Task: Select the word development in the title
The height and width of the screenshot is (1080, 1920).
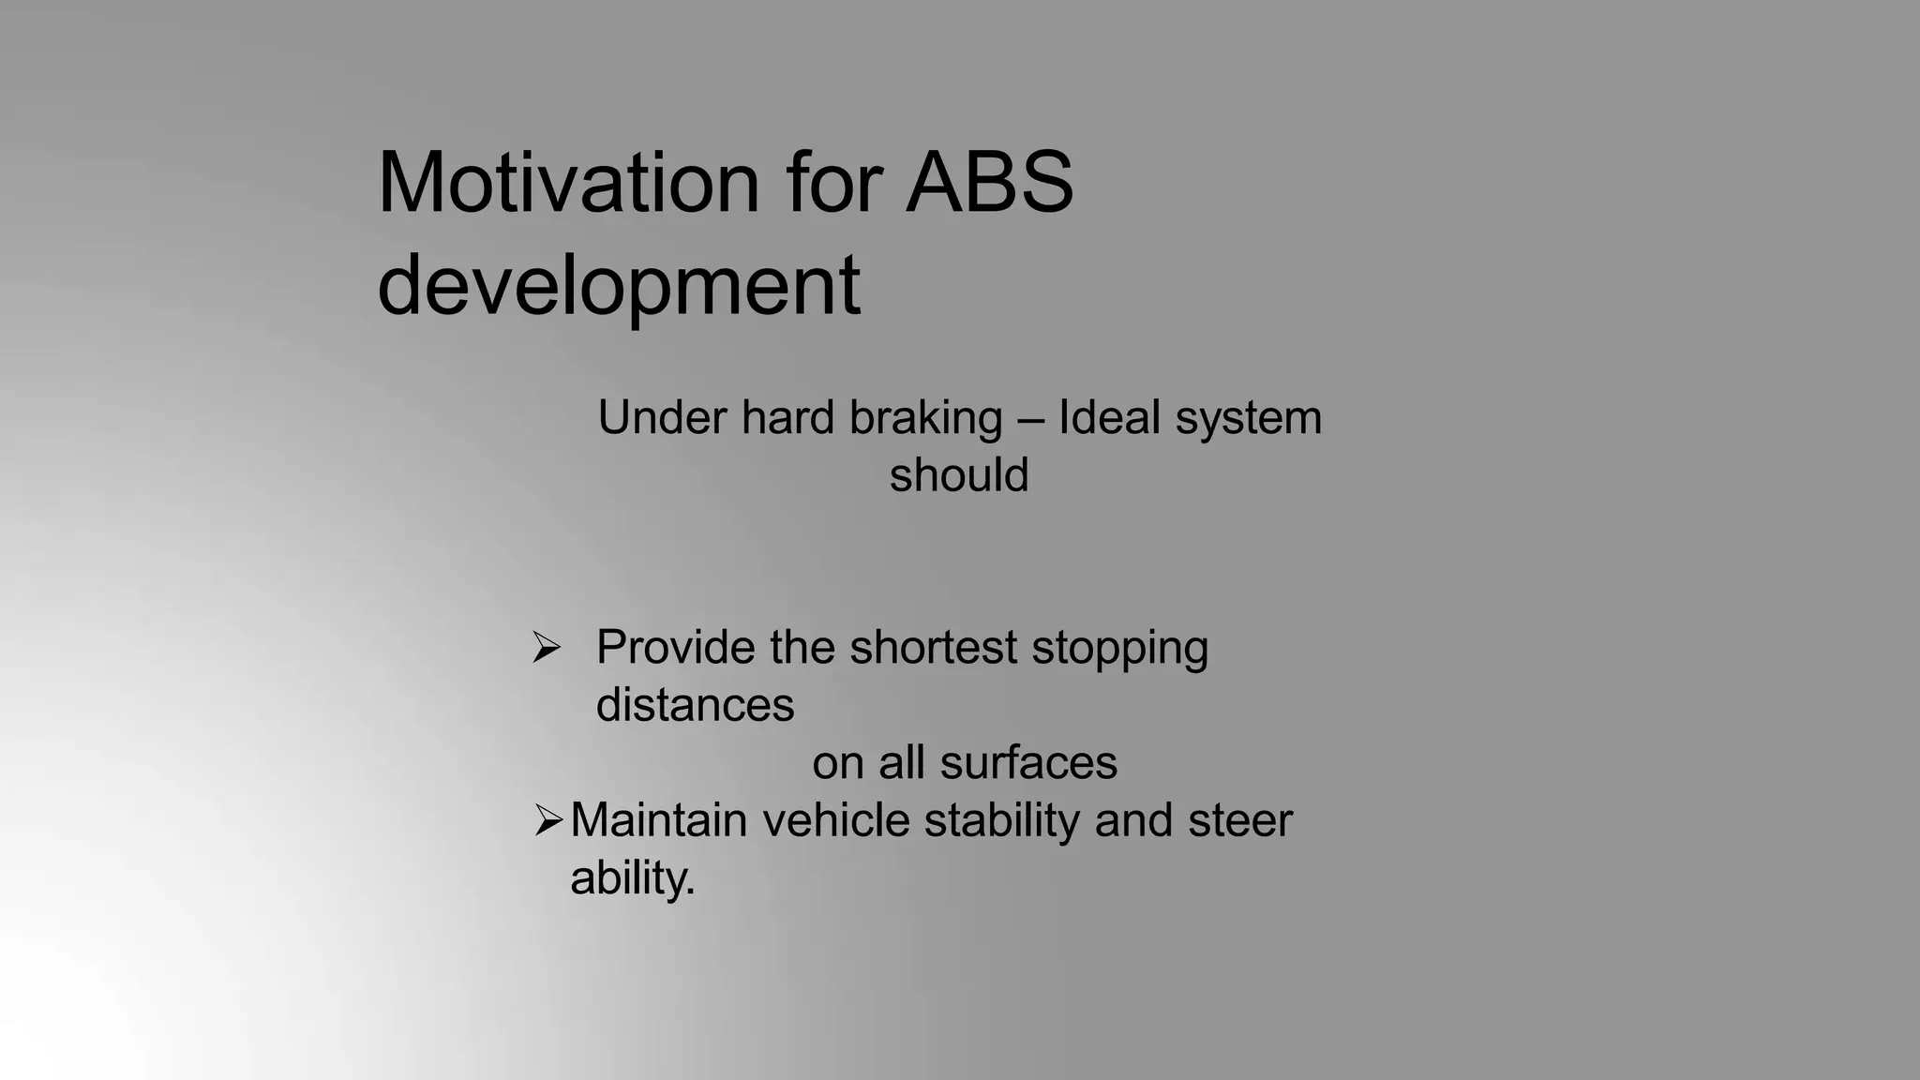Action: pyautogui.click(x=619, y=286)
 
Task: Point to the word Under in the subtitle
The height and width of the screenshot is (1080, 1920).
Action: pyautogui.click(x=661, y=418)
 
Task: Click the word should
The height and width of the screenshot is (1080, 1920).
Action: pyautogui.click(x=959, y=475)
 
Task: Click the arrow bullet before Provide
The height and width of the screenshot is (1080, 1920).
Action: pyautogui.click(x=547, y=647)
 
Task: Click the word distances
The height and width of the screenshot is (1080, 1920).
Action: pyautogui.click(x=695, y=705)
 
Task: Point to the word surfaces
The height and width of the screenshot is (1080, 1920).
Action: pyautogui.click(x=1028, y=763)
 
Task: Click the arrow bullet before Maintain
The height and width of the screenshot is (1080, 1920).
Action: pyautogui.click(x=548, y=820)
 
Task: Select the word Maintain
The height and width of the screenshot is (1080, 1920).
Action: pyautogui.click(x=659, y=820)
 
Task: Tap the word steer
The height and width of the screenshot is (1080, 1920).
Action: pyautogui.click(x=1239, y=820)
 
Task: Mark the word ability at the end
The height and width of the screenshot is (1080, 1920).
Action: pyautogui.click(x=630, y=878)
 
